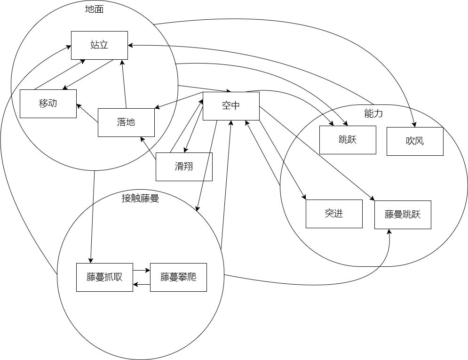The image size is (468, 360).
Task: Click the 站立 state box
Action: tap(99, 45)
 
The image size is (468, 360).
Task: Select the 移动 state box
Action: tap(48, 104)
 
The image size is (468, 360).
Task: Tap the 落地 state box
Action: tap(126, 122)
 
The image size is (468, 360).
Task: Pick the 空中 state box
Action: tap(231, 106)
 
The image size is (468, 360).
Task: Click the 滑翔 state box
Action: tap(184, 167)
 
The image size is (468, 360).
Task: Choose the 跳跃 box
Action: tap(348, 140)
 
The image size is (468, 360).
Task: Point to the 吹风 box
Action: tap(415, 141)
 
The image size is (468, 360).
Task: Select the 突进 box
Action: tap(334, 214)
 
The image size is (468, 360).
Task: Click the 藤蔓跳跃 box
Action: tap(403, 215)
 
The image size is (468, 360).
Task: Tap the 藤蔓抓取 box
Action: tap(104, 277)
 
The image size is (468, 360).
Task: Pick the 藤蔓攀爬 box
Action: tap(178, 277)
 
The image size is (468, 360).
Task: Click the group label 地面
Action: tap(94, 9)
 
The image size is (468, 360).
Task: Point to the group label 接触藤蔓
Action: tap(140, 198)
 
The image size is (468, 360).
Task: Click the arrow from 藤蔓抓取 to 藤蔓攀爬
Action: tap(141, 271)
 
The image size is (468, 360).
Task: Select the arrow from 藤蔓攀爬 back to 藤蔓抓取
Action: tap(141, 284)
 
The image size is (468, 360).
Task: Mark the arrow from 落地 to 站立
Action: tap(124, 85)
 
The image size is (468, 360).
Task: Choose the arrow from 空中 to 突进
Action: tap(282, 160)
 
